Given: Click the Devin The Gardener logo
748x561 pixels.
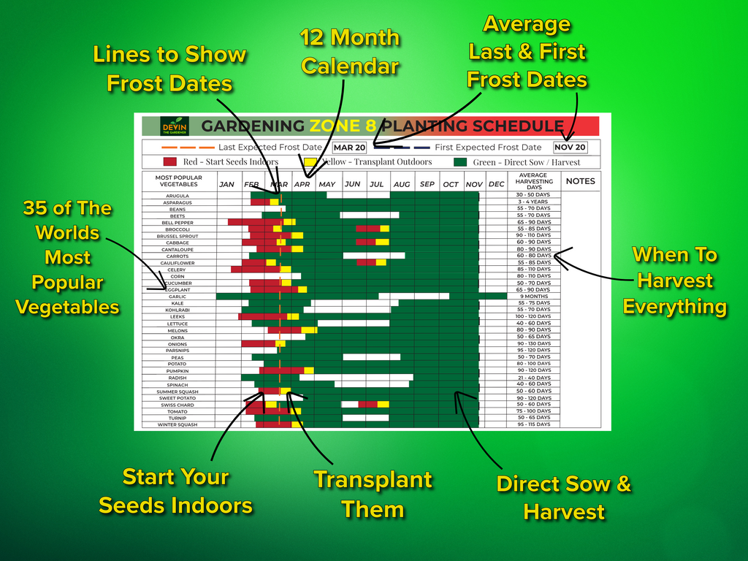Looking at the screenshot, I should (x=175, y=126).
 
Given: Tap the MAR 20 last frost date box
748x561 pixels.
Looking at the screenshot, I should (x=349, y=148).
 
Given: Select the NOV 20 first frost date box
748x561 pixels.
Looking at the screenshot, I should (x=570, y=148).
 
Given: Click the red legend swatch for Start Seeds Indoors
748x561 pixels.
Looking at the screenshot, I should (x=170, y=162).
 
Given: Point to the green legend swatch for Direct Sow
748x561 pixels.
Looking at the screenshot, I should (x=460, y=162).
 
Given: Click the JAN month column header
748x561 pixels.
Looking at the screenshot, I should (x=227, y=184).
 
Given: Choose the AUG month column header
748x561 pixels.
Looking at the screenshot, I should (x=402, y=184).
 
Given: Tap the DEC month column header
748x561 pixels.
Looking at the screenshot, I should (x=496, y=184).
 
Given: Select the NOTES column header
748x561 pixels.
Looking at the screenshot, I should (x=581, y=181).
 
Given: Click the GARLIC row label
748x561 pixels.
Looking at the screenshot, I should (x=178, y=297).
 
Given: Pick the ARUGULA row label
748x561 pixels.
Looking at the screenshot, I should (x=178, y=196).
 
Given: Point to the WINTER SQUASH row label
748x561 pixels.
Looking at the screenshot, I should (x=178, y=424).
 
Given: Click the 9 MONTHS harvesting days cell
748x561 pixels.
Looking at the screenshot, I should (x=534, y=297).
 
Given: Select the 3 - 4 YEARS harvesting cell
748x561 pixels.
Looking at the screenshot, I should (x=534, y=202).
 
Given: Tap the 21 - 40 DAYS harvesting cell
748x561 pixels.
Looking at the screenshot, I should (x=534, y=378).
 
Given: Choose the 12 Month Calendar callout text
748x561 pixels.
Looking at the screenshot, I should (x=350, y=52).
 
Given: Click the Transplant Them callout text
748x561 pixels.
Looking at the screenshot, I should (x=373, y=495).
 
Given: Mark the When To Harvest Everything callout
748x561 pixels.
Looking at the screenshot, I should (x=675, y=280).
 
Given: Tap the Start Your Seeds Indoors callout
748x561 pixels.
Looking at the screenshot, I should (x=176, y=491).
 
